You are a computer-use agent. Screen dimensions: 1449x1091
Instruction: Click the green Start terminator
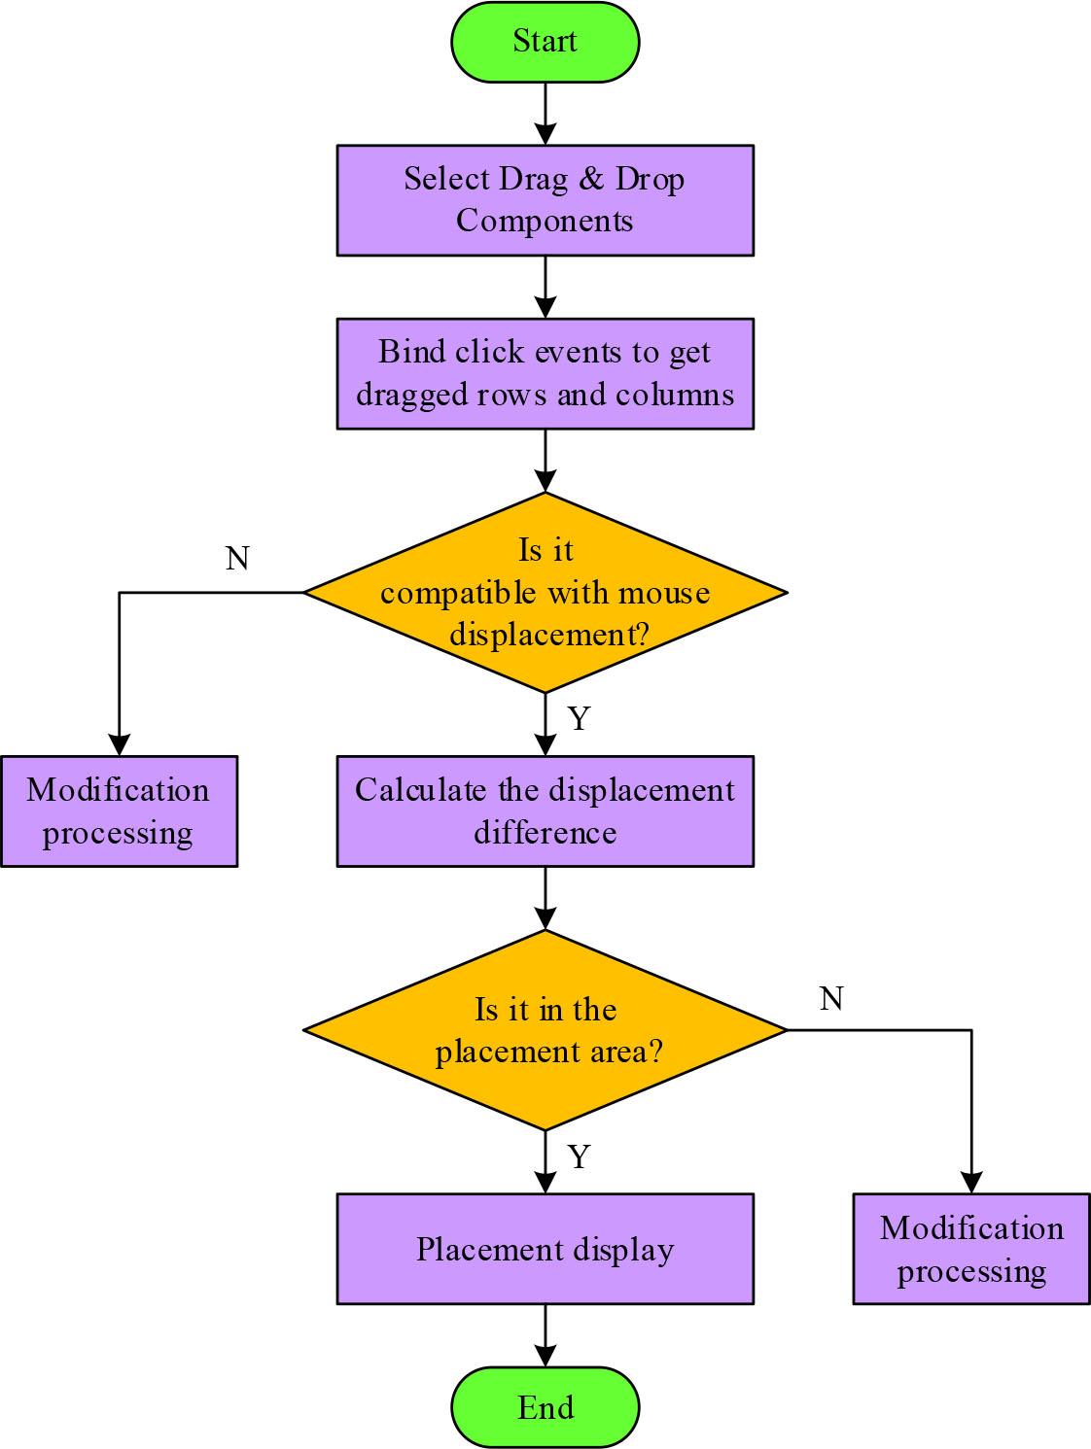tap(545, 42)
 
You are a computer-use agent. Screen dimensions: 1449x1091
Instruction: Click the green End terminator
tap(545, 1407)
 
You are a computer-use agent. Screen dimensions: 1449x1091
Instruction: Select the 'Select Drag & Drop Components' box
tap(545, 200)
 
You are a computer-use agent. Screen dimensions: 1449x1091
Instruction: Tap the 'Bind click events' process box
tap(545, 373)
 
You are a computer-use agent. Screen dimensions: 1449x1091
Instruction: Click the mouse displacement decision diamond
tap(545, 592)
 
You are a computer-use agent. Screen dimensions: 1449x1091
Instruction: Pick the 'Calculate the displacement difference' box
tap(545, 811)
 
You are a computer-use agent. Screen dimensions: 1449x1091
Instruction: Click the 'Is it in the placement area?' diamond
tap(545, 1030)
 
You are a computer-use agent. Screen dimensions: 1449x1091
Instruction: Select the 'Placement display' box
tap(545, 1249)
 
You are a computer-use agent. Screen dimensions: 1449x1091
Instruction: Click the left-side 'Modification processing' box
tap(119, 811)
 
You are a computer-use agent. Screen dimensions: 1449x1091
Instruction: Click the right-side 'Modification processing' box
tap(970, 1249)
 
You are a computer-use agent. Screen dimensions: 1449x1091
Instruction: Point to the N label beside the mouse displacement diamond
tap(237, 558)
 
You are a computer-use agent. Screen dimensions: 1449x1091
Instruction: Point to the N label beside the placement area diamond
tap(831, 998)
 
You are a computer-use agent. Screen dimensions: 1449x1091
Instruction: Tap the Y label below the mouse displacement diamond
tap(580, 719)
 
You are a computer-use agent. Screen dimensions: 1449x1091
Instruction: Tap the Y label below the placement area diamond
tap(580, 1157)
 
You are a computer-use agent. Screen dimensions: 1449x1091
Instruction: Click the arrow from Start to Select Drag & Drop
tap(545, 113)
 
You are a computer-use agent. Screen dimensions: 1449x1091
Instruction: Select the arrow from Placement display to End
tap(545, 1335)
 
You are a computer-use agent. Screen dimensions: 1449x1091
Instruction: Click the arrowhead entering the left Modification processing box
tap(119, 743)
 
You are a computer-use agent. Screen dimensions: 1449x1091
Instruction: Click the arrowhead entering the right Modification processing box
tap(970, 1182)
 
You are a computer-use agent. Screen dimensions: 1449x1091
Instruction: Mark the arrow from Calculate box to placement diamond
tap(545, 898)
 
